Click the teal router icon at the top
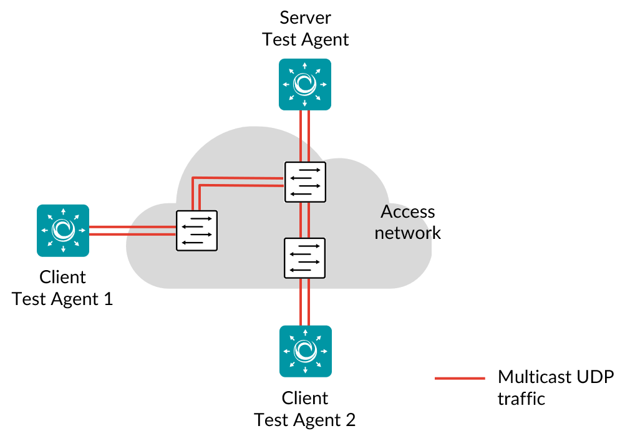coord(305,84)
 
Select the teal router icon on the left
coord(63,230)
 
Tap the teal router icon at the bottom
coord(306,351)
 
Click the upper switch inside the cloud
coord(305,182)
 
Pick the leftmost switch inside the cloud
coord(197,231)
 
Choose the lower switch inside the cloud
coord(304,258)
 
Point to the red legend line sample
coord(460,378)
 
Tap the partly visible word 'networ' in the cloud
coord(402,233)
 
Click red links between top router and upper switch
coord(305,136)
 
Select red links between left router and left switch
coord(132,230)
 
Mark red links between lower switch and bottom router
coord(304,302)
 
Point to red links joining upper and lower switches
coord(304,220)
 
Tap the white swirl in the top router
coord(305,84)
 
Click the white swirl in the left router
coord(63,230)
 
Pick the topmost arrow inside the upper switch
coord(309,170)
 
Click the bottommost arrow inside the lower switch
coord(301,270)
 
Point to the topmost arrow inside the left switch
coord(201,218)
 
